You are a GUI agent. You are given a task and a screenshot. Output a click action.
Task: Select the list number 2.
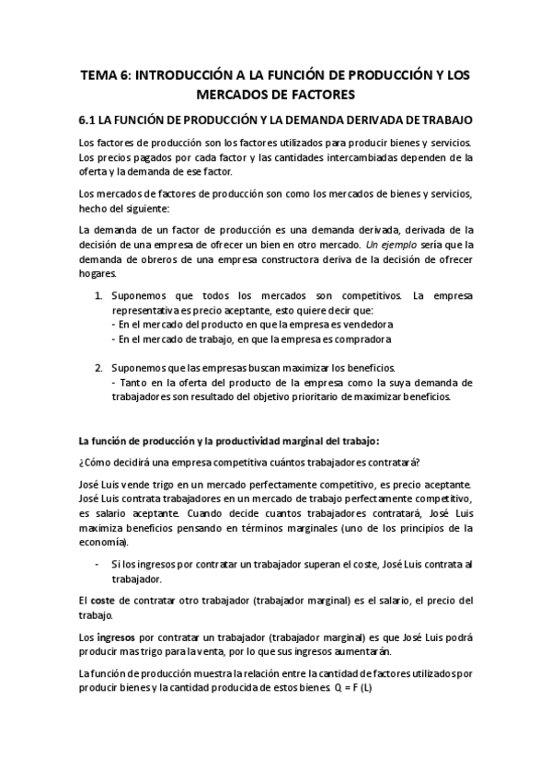[x=100, y=367]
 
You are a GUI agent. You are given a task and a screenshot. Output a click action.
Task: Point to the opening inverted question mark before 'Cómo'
[x=82, y=462]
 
